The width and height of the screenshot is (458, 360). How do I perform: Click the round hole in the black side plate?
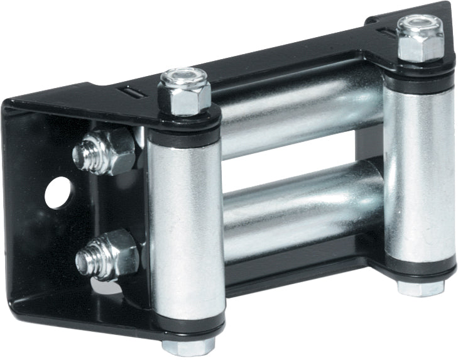(x=58, y=192)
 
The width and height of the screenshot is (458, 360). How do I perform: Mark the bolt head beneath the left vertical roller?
(x=187, y=346)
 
